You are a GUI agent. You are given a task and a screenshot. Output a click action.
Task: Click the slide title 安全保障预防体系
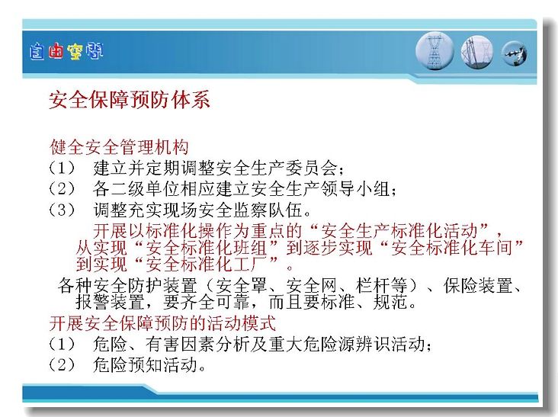[x=129, y=99]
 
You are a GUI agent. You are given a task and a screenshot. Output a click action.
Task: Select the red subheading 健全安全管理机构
[x=119, y=147]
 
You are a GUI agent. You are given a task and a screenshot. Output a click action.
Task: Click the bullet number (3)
[x=62, y=210]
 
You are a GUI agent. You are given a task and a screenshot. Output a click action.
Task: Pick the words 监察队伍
[x=268, y=210]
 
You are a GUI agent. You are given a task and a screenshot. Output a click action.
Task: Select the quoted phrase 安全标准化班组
[x=207, y=248]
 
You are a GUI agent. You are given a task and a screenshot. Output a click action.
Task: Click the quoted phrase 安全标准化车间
[x=452, y=248]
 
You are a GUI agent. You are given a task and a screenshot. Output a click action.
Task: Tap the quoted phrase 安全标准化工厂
[x=207, y=264]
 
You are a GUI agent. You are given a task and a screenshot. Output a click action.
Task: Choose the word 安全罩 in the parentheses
[x=241, y=285]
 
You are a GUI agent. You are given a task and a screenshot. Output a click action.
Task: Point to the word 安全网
[x=311, y=285]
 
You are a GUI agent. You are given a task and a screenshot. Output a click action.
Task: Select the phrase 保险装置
[x=478, y=285]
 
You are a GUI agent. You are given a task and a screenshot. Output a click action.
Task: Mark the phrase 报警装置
[x=110, y=302]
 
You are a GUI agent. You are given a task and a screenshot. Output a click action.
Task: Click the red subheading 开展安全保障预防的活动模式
[x=162, y=323]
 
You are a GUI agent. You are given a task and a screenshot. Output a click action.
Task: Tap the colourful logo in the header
[x=66, y=52]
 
